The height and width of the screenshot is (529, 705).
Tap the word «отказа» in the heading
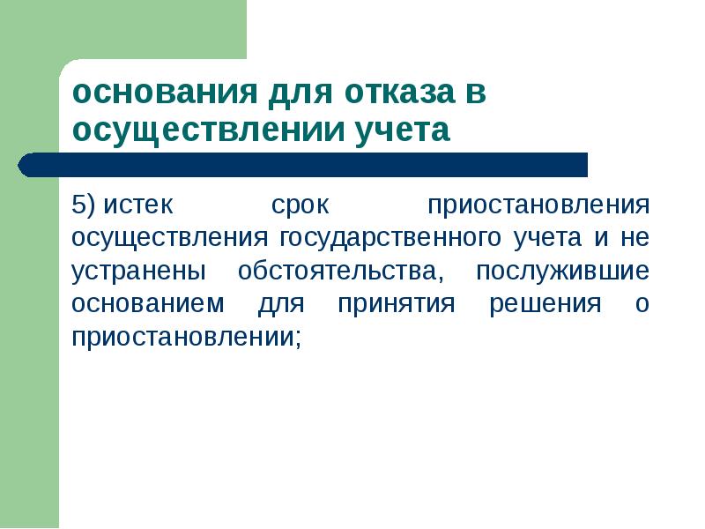point(382,93)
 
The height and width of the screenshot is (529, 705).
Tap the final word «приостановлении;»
point(186,337)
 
